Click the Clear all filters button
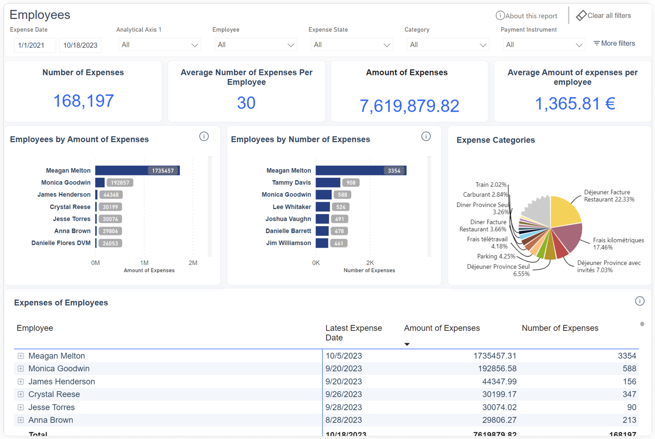(604, 16)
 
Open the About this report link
(527, 16)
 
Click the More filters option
(614, 44)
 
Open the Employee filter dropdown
(255, 45)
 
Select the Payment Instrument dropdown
(543, 45)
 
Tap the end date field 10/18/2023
(80, 45)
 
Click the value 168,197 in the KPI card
(83, 101)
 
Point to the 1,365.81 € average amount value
(574, 104)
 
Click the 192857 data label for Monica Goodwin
(120, 183)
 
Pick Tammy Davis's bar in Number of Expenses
(327, 183)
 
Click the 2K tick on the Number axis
(370, 263)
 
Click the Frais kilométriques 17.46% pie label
(618, 244)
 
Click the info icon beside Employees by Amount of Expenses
(204, 137)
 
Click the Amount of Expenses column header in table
(442, 328)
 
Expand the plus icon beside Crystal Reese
(21, 394)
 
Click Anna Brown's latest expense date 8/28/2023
(343, 420)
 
